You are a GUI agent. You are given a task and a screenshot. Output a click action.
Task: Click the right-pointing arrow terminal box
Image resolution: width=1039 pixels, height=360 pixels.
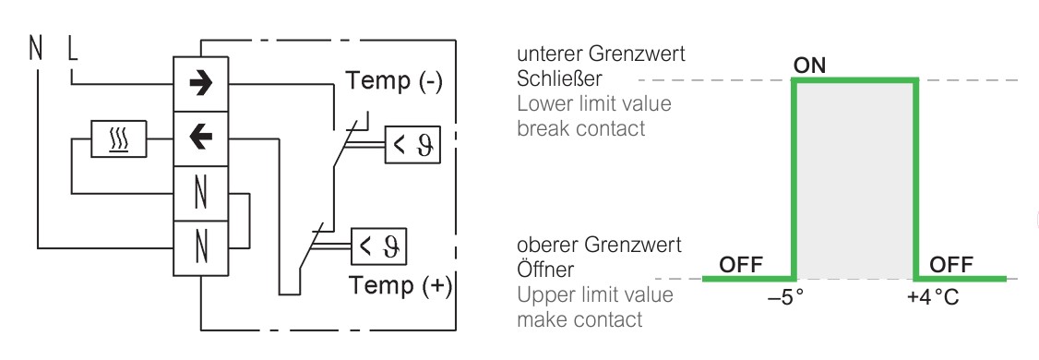(201, 84)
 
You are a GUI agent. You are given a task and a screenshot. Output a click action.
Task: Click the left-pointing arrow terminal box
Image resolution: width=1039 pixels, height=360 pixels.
(201, 138)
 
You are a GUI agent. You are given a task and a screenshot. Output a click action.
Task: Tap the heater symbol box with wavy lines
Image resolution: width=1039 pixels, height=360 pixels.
(119, 139)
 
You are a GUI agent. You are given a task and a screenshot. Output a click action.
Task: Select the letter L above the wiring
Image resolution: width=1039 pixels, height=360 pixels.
(72, 48)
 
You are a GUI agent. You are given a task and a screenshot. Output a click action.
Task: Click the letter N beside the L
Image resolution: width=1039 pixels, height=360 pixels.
(36, 48)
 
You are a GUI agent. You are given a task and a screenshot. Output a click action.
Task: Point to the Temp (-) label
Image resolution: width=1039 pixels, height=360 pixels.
(394, 81)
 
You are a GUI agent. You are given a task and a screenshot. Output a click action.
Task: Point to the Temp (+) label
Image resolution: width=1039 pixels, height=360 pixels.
(400, 286)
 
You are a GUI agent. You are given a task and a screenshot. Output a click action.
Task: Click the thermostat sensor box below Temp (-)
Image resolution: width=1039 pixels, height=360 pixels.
(412, 145)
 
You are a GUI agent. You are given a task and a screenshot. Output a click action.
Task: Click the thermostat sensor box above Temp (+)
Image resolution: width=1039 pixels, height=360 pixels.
(378, 246)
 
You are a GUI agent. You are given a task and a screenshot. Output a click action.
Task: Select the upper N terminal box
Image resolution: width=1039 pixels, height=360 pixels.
(201, 194)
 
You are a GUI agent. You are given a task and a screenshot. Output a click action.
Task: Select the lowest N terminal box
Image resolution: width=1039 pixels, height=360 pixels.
(201, 248)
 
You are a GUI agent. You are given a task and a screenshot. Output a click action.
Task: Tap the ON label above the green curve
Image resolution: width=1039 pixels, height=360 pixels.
(810, 66)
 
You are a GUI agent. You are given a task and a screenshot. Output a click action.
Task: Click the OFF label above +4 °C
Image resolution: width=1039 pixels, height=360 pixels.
(951, 265)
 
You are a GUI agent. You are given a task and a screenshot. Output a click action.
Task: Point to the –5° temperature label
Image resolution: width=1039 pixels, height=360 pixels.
(785, 297)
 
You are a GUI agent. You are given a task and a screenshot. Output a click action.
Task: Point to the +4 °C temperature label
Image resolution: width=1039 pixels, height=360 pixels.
(933, 297)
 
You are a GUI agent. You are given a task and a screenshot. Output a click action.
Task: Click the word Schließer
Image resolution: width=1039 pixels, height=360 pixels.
(559, 78)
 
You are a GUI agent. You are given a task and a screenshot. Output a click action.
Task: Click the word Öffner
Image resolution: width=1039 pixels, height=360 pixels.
(545, 270)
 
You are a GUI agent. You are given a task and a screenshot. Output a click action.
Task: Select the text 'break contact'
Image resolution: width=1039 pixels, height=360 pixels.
(581, 128)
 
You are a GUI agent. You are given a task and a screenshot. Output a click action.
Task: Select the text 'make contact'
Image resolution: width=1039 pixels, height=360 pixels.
(579, 318)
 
